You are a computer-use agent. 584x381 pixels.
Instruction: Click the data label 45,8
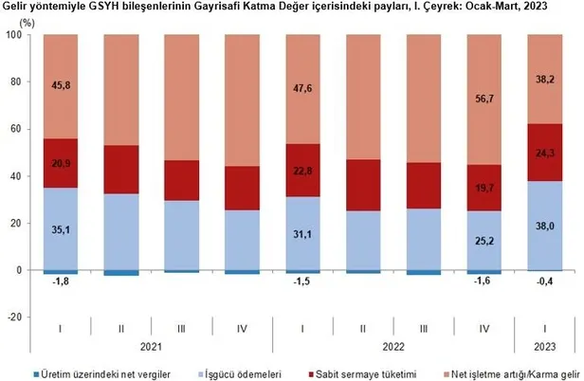point(60,85)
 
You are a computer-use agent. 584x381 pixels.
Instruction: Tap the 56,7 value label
point(484,95)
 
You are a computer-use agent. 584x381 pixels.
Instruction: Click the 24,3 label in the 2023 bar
point(543,151)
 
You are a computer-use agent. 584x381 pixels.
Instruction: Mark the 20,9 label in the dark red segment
point(60,163)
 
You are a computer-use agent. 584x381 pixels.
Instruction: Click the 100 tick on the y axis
point(17,35)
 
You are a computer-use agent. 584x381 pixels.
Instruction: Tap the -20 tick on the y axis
point(17,317)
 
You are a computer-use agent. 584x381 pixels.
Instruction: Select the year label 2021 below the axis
point(151,348)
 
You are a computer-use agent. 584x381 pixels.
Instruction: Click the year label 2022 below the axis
point(392,348)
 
